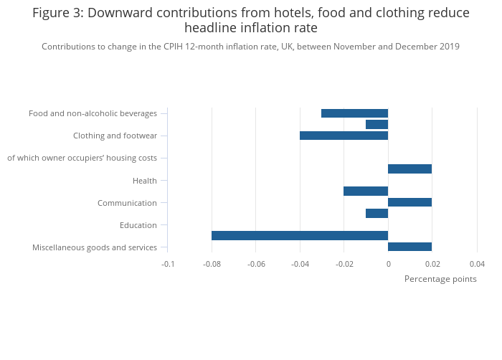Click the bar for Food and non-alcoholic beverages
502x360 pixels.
tap(354, 113)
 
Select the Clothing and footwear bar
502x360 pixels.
tap(344, 136)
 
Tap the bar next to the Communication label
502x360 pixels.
tap(409, 202)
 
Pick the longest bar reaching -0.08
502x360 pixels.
tap(300, 236)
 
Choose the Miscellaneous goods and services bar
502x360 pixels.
tap(409, 247)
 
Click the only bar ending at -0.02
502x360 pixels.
tap(366, 191)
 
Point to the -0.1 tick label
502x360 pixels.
tap(168, 264)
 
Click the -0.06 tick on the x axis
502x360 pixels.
tap(256, 264)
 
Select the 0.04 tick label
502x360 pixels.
tap(477, 264)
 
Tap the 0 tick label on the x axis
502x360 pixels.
tap(389, 264)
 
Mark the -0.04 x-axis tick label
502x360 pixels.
tap(300, 264)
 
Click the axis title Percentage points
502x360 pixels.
tap(440, 279)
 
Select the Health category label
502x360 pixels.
tap(145, 181)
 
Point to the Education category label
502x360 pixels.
tap(138, 225)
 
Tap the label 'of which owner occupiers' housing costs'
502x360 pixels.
tap(82, 158)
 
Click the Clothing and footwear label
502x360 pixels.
tap(115, 136)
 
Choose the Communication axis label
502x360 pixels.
tap(127, 203)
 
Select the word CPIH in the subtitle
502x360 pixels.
tap(174, 47)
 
